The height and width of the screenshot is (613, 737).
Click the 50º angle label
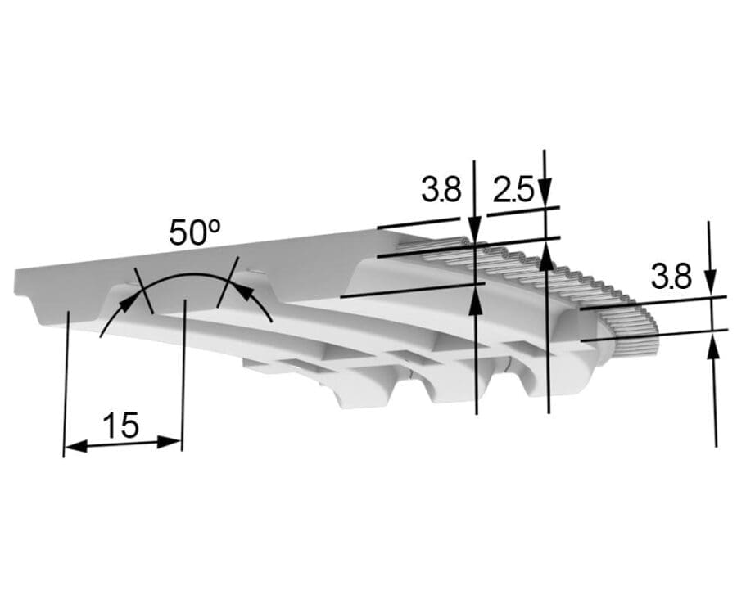195,232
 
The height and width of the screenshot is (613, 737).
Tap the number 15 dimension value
120,425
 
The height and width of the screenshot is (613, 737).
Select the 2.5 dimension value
513,190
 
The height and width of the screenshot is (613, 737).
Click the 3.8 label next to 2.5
441,189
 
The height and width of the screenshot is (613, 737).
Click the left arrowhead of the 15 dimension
75,446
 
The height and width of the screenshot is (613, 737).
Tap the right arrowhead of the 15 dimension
170,442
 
